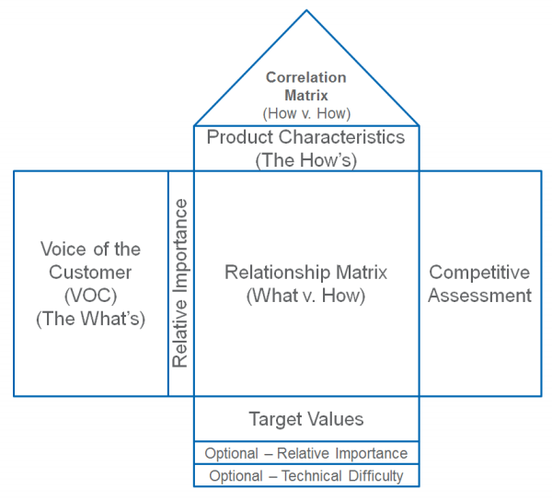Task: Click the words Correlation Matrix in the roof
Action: [306, 87]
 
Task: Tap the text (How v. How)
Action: [306, 113]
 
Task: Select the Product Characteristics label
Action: [305, 137]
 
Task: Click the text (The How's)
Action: [306, 159]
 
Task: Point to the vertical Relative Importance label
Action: [181, 283]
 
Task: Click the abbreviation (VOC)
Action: [91, 296]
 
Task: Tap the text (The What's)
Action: [91, 320]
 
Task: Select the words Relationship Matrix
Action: [306, 273]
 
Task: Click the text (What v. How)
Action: [306, 296]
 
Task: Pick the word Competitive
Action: [479, 273]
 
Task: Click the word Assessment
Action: [479, 296]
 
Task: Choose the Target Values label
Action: [306, 419]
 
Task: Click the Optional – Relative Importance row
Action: [306, 453]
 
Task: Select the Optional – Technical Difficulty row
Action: [306, 476]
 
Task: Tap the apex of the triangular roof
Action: [306, 11]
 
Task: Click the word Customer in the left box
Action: [91, 273]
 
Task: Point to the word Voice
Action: [63, 249]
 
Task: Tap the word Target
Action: [273, 419]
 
